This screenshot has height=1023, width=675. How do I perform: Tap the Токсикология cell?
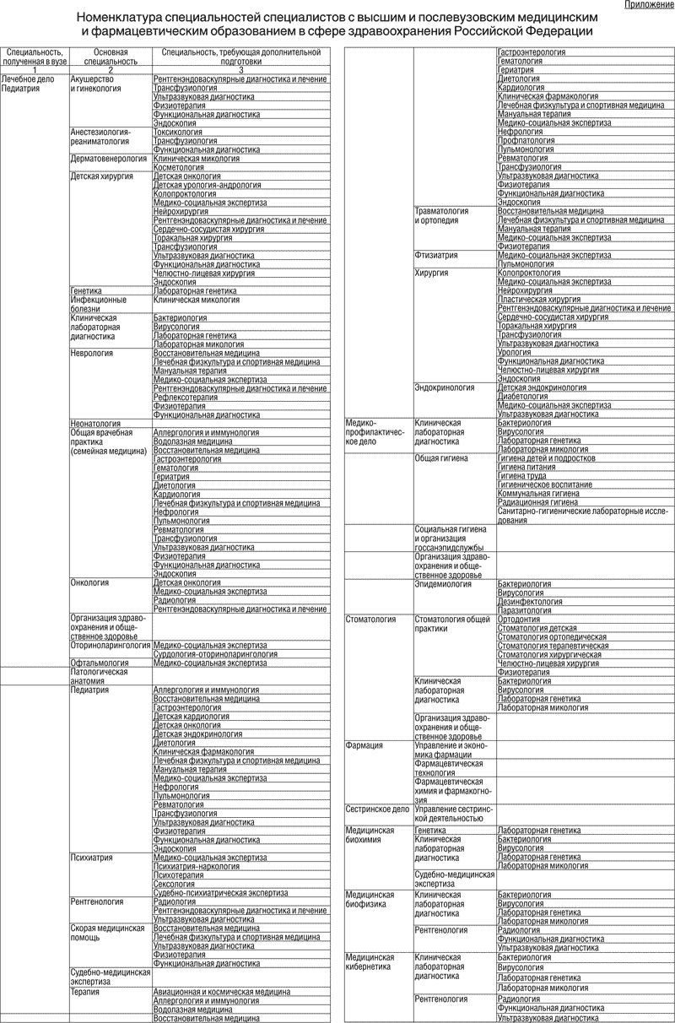(x=178, y=133)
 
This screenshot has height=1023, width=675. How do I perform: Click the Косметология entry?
(x=180, y=167)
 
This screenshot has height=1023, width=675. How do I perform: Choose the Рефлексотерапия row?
(x=186, y=397)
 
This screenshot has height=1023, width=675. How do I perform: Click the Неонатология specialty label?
(x=95, y=423)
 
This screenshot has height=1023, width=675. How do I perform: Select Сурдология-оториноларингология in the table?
(x=215, y=653)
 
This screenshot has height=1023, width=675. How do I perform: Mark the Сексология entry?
(x=175, y=884)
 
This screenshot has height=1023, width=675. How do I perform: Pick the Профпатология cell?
(x=526, y=140)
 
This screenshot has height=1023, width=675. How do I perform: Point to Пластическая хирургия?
(x=539, y=300)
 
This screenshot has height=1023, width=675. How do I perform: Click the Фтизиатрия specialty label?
(x=437, y=255)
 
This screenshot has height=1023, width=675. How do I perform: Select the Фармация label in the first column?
(x=364, y=745)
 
